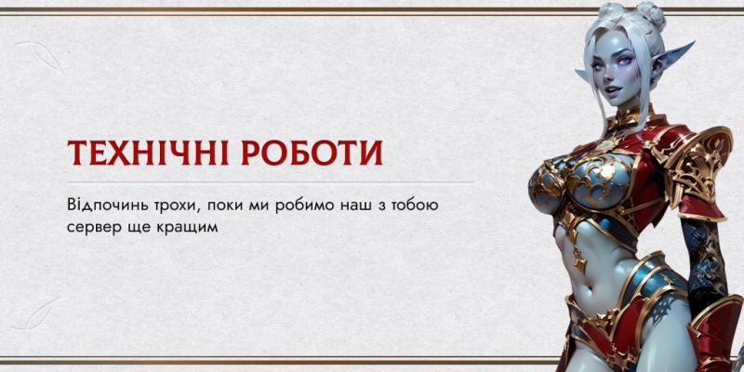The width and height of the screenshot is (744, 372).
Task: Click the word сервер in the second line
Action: click(90, 227)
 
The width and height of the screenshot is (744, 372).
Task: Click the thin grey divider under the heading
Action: click(271, 182)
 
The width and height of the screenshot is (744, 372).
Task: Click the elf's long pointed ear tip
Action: click(694, 43)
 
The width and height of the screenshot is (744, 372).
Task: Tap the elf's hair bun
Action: click(650, 15)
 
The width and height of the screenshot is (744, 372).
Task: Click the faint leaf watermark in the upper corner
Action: click(40, 50)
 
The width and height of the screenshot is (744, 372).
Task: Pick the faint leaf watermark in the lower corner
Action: click(34, 314)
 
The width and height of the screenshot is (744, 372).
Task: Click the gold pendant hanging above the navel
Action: click(578, 259)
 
